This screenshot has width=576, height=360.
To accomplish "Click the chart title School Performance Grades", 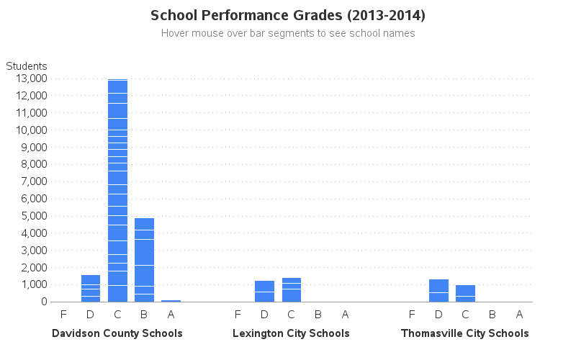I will click(x=288, y=15).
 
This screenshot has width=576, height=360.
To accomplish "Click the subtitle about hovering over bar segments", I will click(x=288, y=33).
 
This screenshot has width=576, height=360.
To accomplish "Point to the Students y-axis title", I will click(x=27, y=66).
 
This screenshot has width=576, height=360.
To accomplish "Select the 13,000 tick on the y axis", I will click(x=30, y=78).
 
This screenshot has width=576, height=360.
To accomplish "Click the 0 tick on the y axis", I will click(x=44, y=302).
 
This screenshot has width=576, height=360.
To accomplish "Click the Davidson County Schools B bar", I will click(x=144, y=260).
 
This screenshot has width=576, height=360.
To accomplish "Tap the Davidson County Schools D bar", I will click(x=90, y=289).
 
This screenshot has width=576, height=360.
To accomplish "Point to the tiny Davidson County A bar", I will click(x=171, y=300).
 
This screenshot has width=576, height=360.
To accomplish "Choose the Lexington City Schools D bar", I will click(x=264, y=292).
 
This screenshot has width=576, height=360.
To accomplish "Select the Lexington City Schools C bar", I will click(x=291, y=290).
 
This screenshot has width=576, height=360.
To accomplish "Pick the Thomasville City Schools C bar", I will click(x=465, y=294).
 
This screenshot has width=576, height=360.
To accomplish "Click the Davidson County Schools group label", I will click(x=117, y=333).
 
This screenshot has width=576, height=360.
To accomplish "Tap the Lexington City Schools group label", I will click(x=291, y=333).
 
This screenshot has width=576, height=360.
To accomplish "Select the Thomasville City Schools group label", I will click(x=465, y=333).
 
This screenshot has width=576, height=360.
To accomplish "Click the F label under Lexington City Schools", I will click(x=238, y=314).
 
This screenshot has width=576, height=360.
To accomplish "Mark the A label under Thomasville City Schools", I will click(x=519, y=314).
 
